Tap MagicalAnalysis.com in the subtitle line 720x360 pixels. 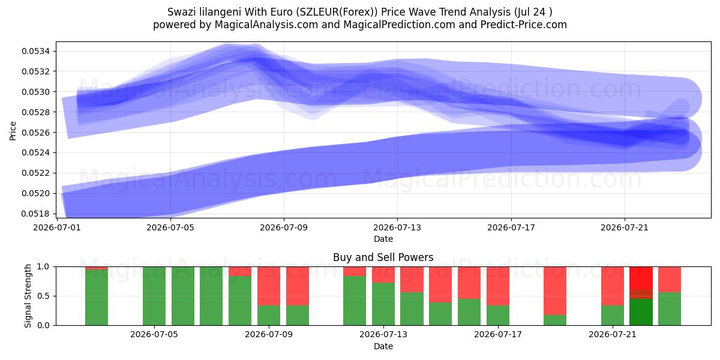(x=266, y=25)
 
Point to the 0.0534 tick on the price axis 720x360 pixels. (x=35, y=51)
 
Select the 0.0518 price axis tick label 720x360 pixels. (x=35, y=214)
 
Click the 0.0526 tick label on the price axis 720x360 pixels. (x=35, y=133)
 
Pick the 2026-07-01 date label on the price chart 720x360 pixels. (x=57, y=227)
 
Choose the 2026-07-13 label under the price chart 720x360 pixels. (x=397, y=227)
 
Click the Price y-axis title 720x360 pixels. (x=13, y=131)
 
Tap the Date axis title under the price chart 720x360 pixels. (x=383, y=239)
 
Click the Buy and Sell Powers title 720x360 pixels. (x=383, y=257)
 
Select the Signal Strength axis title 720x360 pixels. (x=28, y=296)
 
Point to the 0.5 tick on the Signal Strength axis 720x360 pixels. (x=43, y=296)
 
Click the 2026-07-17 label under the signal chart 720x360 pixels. (x=498, y=334)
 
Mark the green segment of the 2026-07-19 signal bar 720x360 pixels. (x=555, y=320)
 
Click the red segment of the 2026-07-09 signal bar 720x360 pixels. (x=269, y=286)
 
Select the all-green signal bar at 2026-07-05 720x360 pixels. (x=154, y=296)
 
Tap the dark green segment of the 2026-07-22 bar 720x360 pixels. (x=641, y=312)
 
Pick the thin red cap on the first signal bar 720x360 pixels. (x=97, y=268)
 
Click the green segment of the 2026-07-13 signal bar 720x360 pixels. (x=383, y=304)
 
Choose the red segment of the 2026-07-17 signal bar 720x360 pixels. (x=498, y=286)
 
